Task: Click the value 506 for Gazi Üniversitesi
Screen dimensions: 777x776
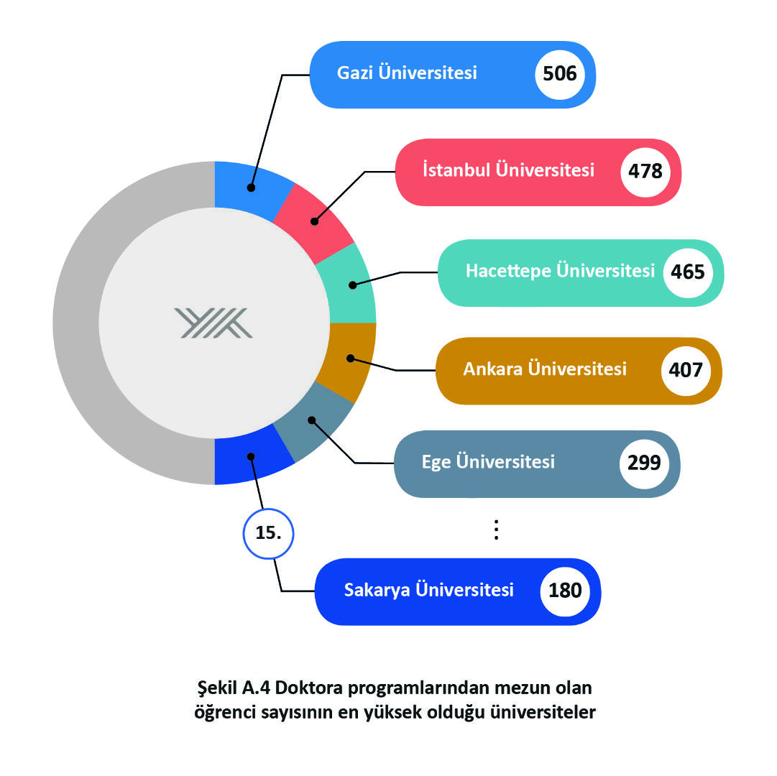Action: point(559,74)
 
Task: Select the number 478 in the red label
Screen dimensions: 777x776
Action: point(645,171)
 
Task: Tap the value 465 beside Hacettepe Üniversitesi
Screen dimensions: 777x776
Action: point(688,272)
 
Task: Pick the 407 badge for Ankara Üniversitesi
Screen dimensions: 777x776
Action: point(686,371)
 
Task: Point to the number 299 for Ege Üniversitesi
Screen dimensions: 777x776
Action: point(644,463)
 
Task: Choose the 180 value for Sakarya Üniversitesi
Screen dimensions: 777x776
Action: point(565,591)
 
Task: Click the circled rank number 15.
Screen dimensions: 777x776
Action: point(268,533)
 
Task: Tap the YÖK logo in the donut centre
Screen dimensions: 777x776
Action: point(213,323)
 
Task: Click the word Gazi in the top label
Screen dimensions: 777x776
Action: point(355,73)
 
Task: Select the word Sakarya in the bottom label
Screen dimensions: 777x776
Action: point(377,591)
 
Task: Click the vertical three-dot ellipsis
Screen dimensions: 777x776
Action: point(496,530)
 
